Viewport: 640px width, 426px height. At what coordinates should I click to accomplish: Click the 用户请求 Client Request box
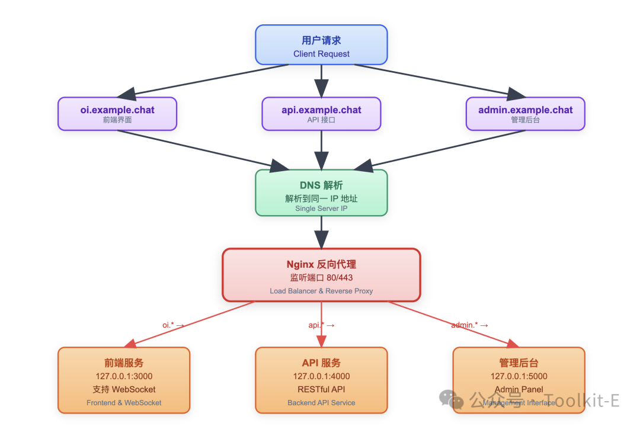pos(321,45)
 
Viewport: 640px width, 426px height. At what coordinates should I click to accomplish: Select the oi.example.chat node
pos(117,114)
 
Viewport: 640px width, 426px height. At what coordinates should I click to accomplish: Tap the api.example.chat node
pos(321,114)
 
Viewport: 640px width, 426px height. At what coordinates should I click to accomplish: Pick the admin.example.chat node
pos(525,114)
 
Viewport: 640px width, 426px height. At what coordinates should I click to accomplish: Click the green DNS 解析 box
pos(321,193)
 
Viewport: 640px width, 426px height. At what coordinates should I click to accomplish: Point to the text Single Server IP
pos(321,209)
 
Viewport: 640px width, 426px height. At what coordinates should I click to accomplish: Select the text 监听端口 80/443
pos(321,277)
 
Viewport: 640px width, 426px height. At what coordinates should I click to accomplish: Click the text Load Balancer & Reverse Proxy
pos(321,291)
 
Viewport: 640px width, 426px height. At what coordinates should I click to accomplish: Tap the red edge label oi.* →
pos(173,325)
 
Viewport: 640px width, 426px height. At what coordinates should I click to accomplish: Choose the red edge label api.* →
pos(322,325)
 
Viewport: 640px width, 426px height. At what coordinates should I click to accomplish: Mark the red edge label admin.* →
pos(469,325)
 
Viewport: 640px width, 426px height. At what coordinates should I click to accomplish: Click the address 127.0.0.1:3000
pos(124,376)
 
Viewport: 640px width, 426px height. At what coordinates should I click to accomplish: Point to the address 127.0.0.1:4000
pos(321,376)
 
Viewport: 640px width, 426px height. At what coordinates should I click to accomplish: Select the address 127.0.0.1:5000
pos(519,376)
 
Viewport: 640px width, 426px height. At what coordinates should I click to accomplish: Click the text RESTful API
pos(321,389)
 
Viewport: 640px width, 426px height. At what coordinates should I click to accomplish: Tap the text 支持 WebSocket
pos(124,389)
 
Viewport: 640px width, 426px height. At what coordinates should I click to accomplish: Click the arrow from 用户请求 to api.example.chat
pos(321,81)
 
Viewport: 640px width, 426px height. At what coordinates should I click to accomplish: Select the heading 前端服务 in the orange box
pos(124,363)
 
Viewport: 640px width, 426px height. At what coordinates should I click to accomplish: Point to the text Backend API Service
pos(321,403)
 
